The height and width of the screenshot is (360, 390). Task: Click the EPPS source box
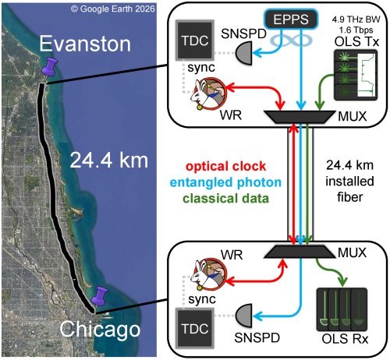click(x=291, y=19)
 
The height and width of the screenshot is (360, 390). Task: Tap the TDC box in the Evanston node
click(x=195, y=41)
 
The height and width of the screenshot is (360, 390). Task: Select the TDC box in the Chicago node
click(x=195, y=328)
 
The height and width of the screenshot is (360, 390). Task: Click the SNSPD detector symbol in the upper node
click(x=244, y=53)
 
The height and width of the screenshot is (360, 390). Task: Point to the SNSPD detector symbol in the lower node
click(x=244, y=316)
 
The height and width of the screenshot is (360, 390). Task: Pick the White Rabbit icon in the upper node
click(x=209, y=94)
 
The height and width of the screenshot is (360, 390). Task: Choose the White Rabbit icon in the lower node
click(x=209, y=274)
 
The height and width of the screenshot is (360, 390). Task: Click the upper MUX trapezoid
click(x=300, y=117)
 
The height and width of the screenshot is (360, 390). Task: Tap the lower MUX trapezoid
click(x=300, y=252)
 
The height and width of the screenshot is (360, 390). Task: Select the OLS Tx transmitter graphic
click(x=356, y=75)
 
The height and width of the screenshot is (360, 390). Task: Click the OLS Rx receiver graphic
click(x=342, y=309)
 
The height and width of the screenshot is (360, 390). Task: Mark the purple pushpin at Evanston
click(x=50, y=68)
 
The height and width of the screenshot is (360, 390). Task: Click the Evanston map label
click(x=85, y=44)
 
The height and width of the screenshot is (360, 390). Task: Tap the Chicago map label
click(x=100, y=329)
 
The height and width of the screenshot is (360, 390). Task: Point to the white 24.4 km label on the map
click(x=109, y=161)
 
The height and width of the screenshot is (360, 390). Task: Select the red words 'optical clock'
click(x=226, y=166)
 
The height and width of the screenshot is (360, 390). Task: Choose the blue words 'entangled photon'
click(x=225, y=182)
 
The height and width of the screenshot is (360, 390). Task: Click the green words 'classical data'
click(x=225, y=199)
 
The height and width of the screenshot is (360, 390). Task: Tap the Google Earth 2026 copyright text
click(x=113, y=9)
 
